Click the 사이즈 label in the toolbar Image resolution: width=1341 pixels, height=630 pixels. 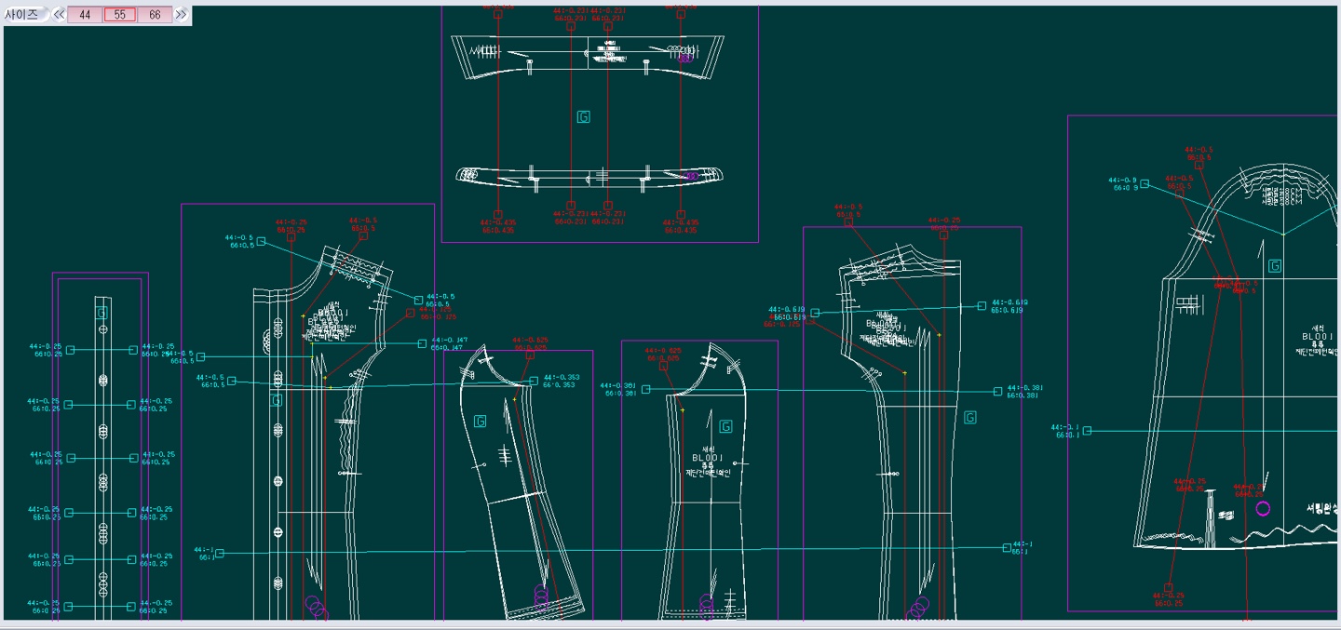pyautogui.click(x=22, y=15)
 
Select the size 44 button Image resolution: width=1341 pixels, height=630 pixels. pyautogui.click(x=85, y=15)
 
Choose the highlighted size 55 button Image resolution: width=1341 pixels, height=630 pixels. pyautogui.click(x=120, y=15)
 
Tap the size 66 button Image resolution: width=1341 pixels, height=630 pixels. pyautogui.click(x=155, y=15)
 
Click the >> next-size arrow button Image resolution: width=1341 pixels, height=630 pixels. pyautogui.click(x=181, y=15)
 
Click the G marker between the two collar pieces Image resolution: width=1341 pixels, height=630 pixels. pyautogui.click(x=583, y=117)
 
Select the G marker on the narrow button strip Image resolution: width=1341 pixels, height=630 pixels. pyautogui.click(x=102, y=314)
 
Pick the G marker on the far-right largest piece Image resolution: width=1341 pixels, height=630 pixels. pyautogui.click(x=1275, y=266)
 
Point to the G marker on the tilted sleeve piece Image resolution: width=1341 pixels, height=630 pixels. pyautogui.click(x=481, y=422)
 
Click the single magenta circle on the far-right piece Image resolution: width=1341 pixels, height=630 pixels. pyautogui.click(x=1263, y=508)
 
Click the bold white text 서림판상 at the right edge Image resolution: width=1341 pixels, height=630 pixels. pyautogui.click(x=1322, y=508)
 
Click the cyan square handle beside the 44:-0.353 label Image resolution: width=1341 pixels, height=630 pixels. pyautogui.click(x=534, y=381)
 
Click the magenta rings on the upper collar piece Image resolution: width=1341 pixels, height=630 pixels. pyautogui.click(x=685, y=58)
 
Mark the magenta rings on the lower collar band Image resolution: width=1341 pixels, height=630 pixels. pyautogui.click(x=690, y=175)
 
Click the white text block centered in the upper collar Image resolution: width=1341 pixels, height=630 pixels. pyautogui.click(x=608, y=52)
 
